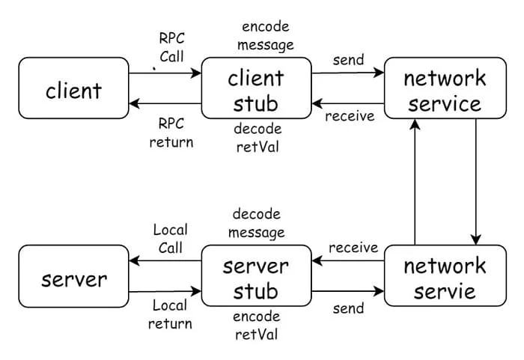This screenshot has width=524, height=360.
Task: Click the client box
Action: click(73, 91)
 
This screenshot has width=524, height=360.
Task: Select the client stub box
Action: click(257, 91)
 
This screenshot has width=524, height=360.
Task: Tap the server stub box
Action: click(257, 278)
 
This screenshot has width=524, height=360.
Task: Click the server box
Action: click(73, 279)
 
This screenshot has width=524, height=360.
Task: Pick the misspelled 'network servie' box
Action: click(445, 278)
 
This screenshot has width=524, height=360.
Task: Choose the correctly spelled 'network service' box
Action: click(445, 91)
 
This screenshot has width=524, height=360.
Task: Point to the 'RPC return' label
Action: click(171, 132)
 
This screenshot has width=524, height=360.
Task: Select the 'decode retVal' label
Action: click(257, 138)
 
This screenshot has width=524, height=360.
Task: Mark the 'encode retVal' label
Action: click(257, 325)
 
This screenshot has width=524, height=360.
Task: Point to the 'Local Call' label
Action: click(171, 238)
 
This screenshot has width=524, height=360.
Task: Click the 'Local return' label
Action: click(171, 314)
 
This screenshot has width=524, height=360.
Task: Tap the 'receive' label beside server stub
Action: click(352, 247)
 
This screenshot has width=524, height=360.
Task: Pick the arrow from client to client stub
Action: click(165, 73)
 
